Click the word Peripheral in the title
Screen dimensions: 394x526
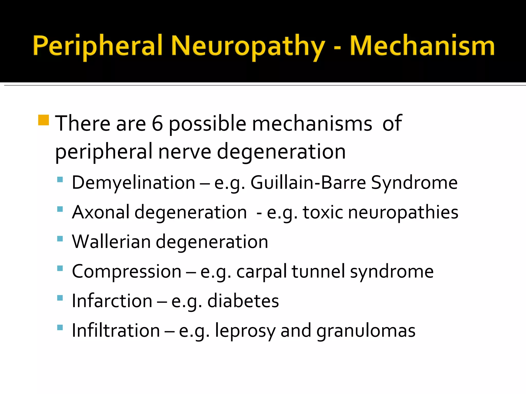[98, 46]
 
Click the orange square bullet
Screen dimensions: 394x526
[43, 120]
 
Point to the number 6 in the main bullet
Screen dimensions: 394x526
[157, 123]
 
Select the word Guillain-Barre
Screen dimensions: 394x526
[308, 183]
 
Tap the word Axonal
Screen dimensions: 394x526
[101, 212]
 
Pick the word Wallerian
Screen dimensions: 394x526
[111, 242]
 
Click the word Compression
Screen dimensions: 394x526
[127, 271]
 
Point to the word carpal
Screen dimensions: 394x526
[261, 272]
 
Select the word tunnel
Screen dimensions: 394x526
[318, 271]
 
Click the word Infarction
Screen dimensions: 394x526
[112, 301]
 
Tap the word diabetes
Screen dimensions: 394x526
[243, 301]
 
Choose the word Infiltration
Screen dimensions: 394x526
[116, 330]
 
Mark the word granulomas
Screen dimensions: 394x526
[366, 331]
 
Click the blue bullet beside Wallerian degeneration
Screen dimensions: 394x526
[60, 239]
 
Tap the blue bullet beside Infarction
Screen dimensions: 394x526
[60, 298]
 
